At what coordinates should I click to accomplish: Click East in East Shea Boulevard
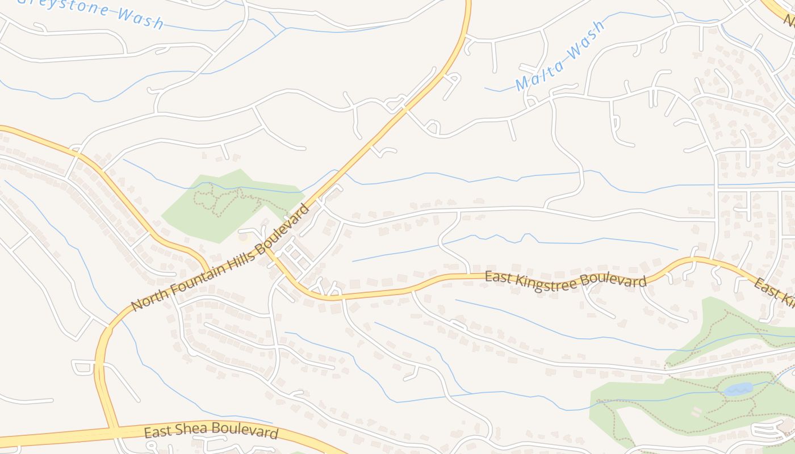156,431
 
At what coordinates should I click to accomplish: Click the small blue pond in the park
738,389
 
